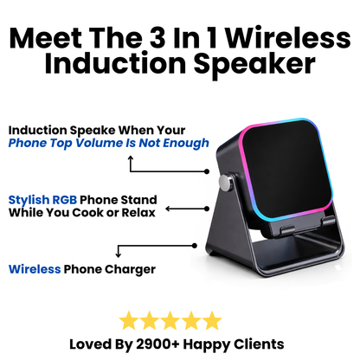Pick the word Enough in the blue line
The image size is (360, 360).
(x=184, y=143)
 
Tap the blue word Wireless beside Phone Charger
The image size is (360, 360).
(x=35, y=268)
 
